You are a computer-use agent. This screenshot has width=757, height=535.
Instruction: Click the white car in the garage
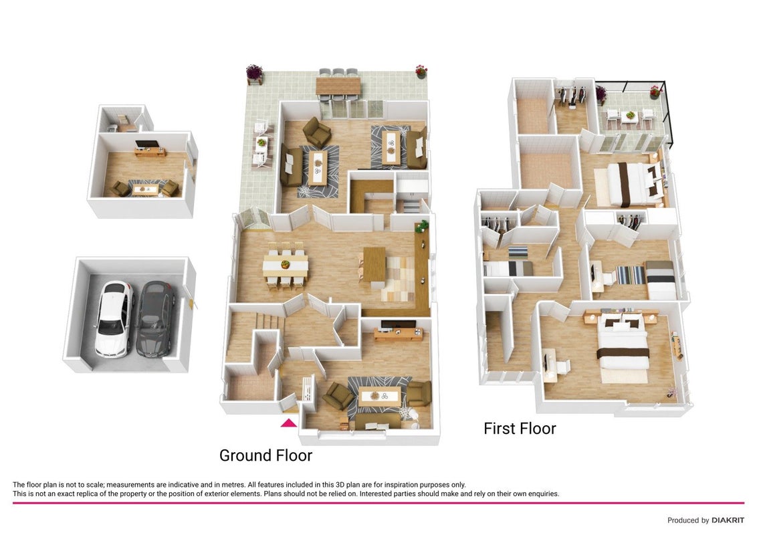coord(114,319)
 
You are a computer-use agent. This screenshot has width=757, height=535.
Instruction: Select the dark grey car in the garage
coord(155,319)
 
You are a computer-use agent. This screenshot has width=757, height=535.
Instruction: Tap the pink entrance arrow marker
coord(289,423)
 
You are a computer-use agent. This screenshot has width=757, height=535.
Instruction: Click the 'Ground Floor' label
coord(265,455)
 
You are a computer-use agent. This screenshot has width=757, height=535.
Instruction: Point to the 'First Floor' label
coord(520,428)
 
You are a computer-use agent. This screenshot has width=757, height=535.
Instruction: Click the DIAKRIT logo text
coord(728,520)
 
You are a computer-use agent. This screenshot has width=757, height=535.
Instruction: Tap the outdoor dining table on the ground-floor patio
coord(338,86)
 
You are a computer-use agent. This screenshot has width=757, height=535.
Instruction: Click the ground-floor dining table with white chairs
coord(286,265)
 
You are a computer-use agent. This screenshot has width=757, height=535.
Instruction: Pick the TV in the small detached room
coord(146,144)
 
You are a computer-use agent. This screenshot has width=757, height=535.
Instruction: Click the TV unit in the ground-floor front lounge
coord(399,333)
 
